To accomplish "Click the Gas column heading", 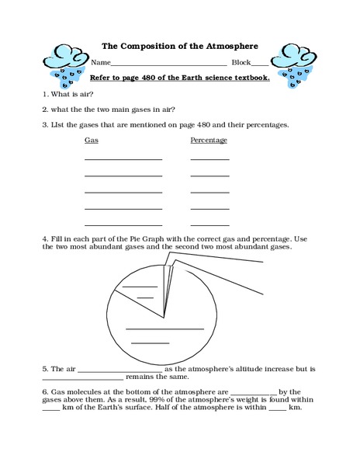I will tap(91, 141).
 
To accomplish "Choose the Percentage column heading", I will tap(209, 141).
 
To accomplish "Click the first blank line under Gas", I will tap(123, 158).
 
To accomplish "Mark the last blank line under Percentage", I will tap(209, 225).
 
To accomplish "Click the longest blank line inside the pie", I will tap(164, 329).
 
